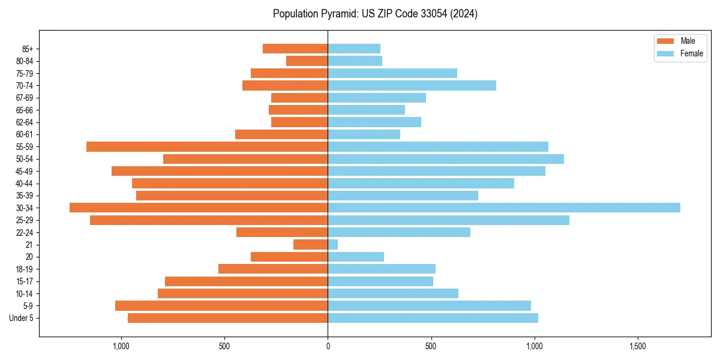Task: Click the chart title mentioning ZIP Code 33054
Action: (375, 14)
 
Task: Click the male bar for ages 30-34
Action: (199, 208)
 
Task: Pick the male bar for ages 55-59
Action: (207, 146)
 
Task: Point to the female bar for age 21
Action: (333, 244)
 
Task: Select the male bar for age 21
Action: (311, 244)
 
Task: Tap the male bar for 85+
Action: (295, 49)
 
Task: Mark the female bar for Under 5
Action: (433, 317)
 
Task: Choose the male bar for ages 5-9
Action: (221, 305)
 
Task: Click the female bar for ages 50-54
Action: (446, 158)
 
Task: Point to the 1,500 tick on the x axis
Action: (638, 346)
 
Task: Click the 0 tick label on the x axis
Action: (328, 346)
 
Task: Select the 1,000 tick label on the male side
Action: (121, 346)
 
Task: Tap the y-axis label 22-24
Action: (25, 232)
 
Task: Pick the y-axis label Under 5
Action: (21, 317)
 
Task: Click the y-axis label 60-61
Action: (25, 134)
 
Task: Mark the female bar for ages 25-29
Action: (448, 220)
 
